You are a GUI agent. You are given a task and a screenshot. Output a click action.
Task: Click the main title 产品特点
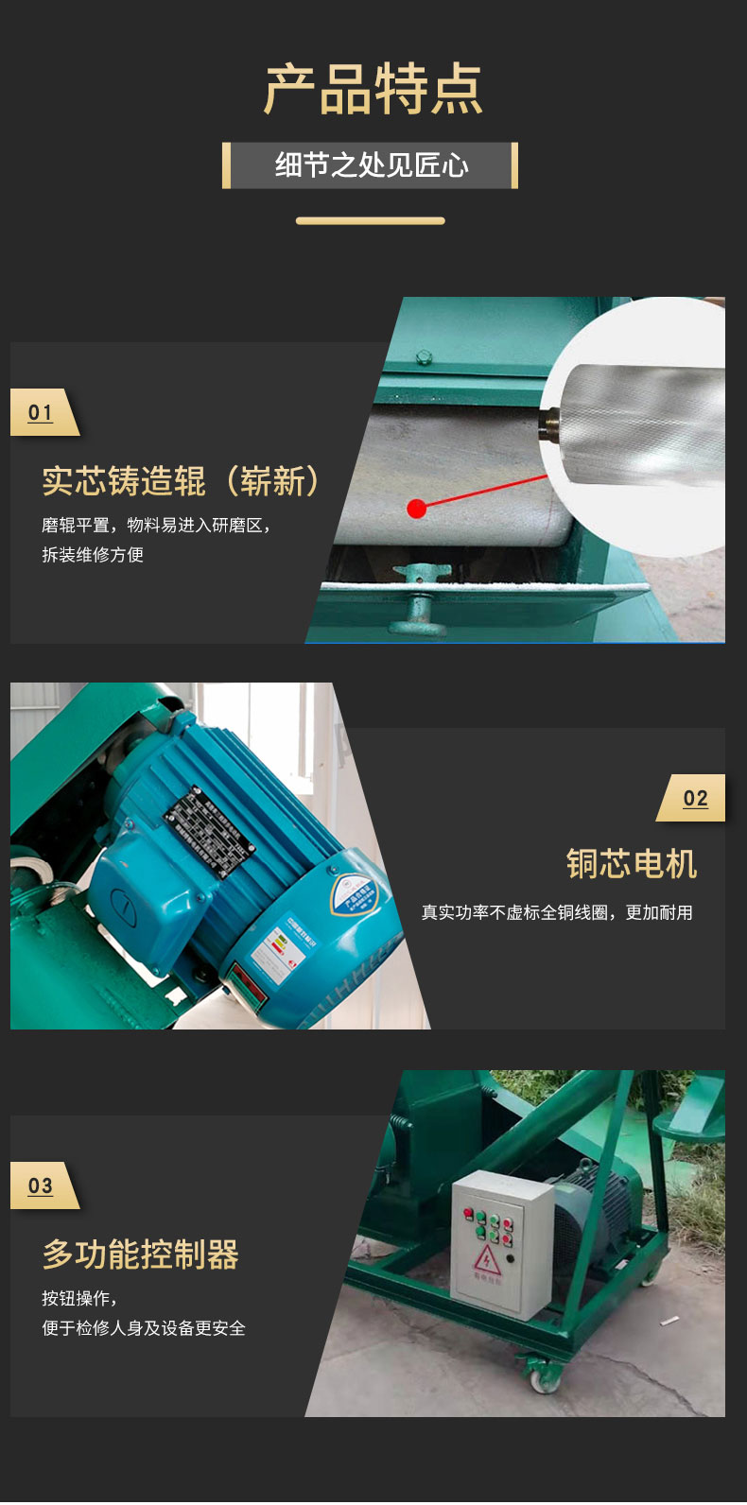(x=373, y=91)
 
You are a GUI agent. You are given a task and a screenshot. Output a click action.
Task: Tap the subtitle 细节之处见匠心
(x=372, y=165)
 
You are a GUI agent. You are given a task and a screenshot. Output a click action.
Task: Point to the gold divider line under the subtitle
(x=370, y=221)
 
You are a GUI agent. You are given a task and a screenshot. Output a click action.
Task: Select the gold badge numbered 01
(x=42, y=412)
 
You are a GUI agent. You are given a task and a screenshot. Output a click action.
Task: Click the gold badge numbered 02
(x=694, y=799)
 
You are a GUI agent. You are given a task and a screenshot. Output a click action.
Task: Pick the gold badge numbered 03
(x=42, y=1185)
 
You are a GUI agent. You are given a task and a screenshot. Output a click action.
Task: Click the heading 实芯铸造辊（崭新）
(x=181, y=481)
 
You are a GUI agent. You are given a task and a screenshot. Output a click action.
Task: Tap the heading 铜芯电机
(x=631, y=863)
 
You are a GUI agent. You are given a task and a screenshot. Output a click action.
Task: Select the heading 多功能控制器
(x=140, y=1254)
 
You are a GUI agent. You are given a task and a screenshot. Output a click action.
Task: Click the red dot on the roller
(x=416, y=509)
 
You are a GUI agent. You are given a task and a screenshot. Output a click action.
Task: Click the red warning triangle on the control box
(x=487, y=1259)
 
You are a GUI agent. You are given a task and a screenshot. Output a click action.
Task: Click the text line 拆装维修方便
(x=93, y=555)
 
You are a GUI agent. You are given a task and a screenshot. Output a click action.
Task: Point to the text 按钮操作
(x=78, y=1299)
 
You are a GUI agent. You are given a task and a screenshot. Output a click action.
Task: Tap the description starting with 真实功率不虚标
(x=557, y=912)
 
